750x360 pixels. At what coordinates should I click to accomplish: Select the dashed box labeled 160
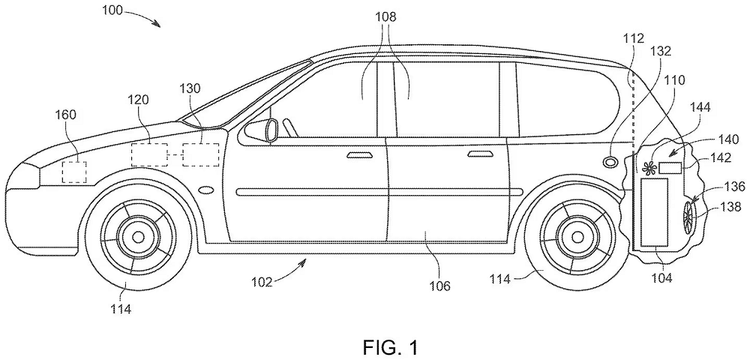pyautogui.click(x=73, y=171)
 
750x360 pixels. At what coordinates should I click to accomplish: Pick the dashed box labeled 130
pyautogui.click(x=200, y=154)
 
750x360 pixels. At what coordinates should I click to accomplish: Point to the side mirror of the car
pyautogui.click(x=267, y=128)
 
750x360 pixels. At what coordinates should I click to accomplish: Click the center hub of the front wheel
pyautogui.click(x=137, y=236)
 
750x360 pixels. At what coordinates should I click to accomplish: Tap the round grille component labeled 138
pyautogui.click(x=689, y=215)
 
